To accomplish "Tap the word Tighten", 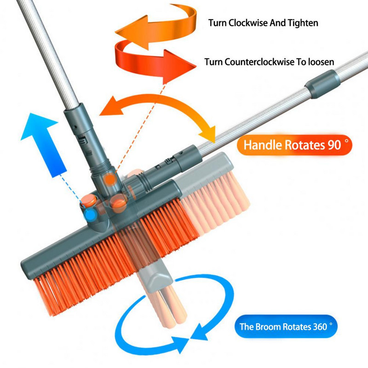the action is coord(303,23).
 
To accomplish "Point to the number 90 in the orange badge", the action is coord(334,145).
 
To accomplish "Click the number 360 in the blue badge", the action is coord(320,327).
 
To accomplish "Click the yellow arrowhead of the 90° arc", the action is coord(208,134).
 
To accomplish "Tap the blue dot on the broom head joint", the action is coord(90,215).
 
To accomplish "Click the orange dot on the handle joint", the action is coord(109,179).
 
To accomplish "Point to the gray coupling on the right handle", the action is coord(323,84).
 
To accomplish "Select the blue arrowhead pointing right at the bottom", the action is coord(181,345).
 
